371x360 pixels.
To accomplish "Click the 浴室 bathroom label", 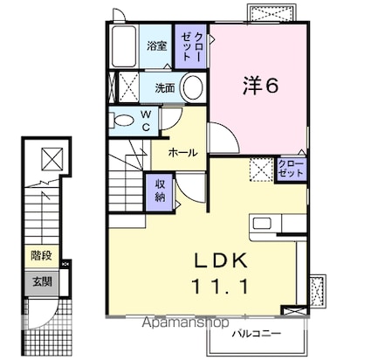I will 157,46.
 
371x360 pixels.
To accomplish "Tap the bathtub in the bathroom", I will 124,45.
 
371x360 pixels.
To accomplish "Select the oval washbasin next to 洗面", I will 194,87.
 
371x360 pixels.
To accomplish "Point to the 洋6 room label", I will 260,86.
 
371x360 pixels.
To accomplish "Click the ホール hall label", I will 182,152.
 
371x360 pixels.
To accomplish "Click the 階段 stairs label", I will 41,256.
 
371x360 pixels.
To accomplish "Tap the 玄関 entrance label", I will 41,280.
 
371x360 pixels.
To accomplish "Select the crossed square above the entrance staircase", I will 52,160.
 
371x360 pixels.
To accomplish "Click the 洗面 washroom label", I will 165,87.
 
